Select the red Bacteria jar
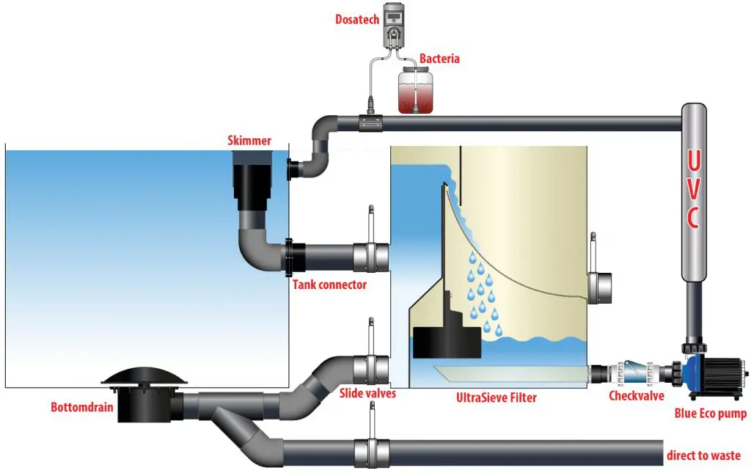point(416,90)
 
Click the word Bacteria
point(439,58)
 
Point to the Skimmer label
point(250,140)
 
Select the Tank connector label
point(329,285)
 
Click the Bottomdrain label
point(82,406)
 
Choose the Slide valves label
point(367,394)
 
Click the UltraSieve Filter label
point(496,398)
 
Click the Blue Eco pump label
point(710,414)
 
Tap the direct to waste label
point(703,455)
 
